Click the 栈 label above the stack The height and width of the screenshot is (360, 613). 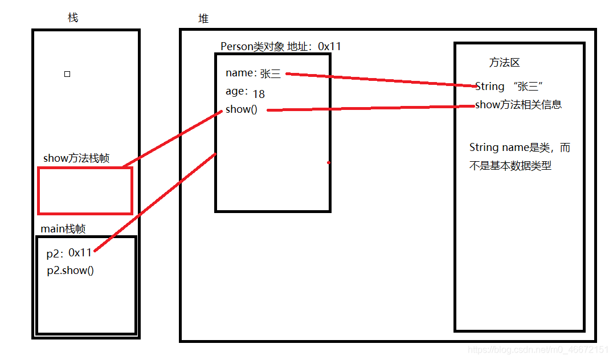(72, 18)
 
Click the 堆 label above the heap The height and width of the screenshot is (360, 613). (203, 19)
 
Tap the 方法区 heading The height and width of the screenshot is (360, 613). (504, 63)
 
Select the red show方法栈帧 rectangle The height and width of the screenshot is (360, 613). (85, 190)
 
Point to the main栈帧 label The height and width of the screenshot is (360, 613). (63, 229)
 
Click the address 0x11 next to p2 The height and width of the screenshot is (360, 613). (80, 252)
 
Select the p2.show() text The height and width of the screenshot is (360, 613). (70, 270)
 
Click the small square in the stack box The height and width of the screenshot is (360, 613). (67, 74)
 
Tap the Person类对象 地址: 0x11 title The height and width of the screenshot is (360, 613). (280, 46)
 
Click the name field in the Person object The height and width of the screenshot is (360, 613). (239, 73)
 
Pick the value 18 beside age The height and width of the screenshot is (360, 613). (259, 94)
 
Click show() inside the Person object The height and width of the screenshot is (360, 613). (241, 109)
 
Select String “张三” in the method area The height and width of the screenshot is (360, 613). (510, 87)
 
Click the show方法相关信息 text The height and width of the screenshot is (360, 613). (518, 105)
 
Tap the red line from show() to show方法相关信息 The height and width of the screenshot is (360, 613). (370, 108)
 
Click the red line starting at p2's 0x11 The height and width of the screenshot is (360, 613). (154, 202)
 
